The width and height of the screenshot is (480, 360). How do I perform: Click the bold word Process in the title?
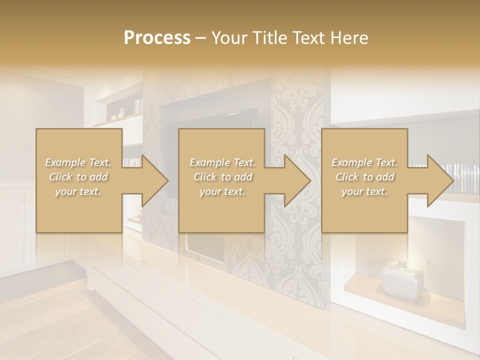157,38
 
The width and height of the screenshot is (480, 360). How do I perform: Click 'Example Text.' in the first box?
78,162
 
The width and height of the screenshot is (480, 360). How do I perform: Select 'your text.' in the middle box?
222,191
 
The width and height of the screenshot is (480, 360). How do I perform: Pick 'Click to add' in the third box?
364,177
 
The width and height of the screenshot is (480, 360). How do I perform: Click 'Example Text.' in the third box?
364,162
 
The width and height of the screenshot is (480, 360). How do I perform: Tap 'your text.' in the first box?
78,191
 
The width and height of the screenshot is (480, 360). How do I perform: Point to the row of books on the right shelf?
462,177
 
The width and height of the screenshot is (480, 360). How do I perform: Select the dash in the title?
201,38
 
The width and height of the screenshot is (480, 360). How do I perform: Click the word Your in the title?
229,38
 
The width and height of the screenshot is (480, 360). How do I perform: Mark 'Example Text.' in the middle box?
222,162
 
